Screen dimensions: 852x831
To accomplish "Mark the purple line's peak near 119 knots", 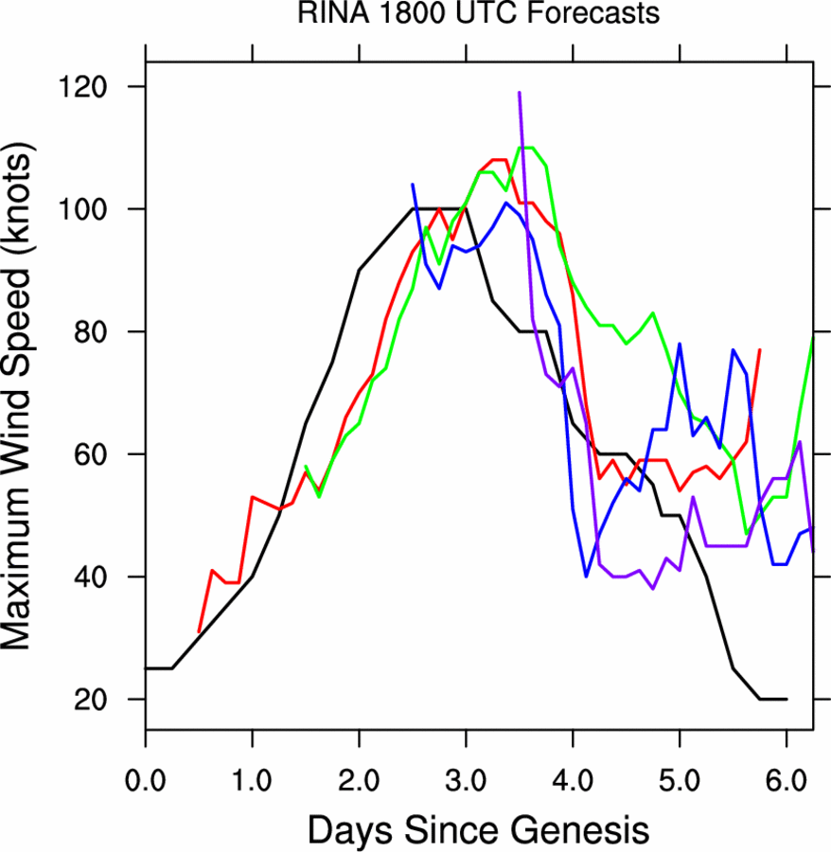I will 520,93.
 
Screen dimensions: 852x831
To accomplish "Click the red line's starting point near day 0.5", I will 199,631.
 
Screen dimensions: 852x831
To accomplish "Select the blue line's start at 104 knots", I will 413,185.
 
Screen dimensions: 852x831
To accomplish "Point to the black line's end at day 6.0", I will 786,700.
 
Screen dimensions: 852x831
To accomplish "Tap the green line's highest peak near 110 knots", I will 525,148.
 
